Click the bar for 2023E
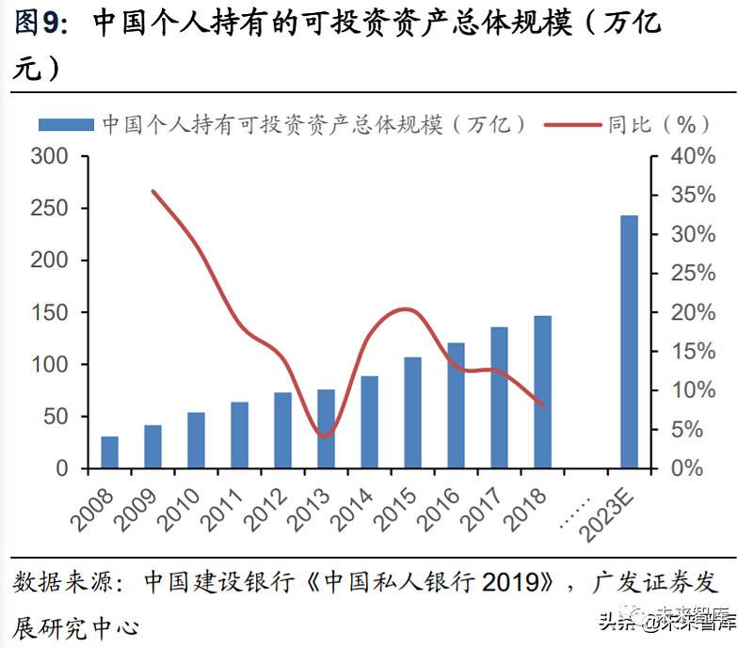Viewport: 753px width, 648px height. pyautogui.click(x=629, y=341)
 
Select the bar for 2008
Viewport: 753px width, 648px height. pyautogui.click(x=109, y=452)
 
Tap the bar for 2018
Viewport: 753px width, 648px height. pyautogui.click(x=542, y=391)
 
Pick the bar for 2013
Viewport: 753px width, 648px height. pyautogui.click(x=326, y=429)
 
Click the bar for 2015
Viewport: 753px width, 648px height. pyautogui.click(x=412, y=413)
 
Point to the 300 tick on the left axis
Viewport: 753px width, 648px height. pyautogui.click(x=49, y=156)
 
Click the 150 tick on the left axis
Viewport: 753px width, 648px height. pyautogui.click(x=49, y=312)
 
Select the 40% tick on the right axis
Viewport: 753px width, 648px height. pyautogui.click(x=692, y=156)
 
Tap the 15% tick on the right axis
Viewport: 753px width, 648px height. pyautogui.click(x=692, y=351)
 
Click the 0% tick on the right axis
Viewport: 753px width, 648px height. pyautogui.click(x=697, y=467)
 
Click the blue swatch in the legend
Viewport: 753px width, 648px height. pyautogui.click(x=65, y=124)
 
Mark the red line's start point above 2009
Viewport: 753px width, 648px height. pyautogui.click(x=153, y=191)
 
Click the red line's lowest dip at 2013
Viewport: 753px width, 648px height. pyautogui.click(x=325, y=436)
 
